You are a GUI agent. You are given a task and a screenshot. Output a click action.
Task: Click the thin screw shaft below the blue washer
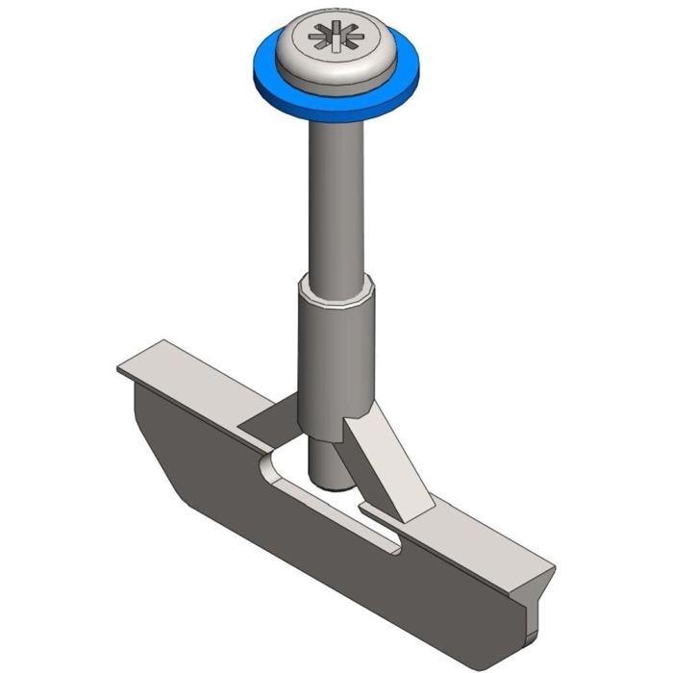(x=336, y=192)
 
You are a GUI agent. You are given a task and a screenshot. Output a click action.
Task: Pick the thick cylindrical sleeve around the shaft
(x=333, y=356)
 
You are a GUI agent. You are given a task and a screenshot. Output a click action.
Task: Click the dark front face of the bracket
(x=288, y=519)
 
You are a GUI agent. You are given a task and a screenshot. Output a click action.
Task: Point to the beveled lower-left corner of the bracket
(x=159, y=461)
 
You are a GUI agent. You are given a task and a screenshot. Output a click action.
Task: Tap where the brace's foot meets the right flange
(x=423, y=511)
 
